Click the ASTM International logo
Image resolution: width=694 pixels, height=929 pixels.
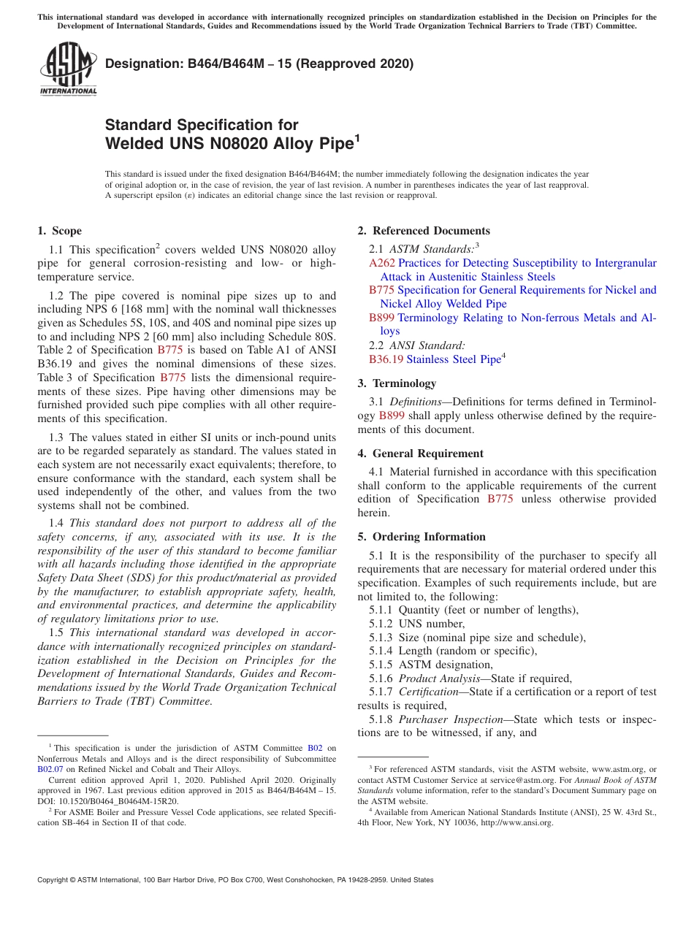(x=67, y=69)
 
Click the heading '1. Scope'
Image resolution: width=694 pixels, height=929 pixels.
(x=59, y=231)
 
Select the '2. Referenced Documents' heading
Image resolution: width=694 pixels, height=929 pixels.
(x=424, y=231)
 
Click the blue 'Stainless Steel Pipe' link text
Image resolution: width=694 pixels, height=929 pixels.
(x=453, y=359)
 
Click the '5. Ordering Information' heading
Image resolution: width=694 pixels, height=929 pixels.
(x=422, y=537)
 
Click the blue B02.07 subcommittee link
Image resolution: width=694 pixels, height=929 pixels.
(x=47, y=769)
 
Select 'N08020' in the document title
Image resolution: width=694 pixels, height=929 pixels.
(x=232, y=143)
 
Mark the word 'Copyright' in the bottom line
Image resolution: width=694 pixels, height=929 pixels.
(x=54, y=880)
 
